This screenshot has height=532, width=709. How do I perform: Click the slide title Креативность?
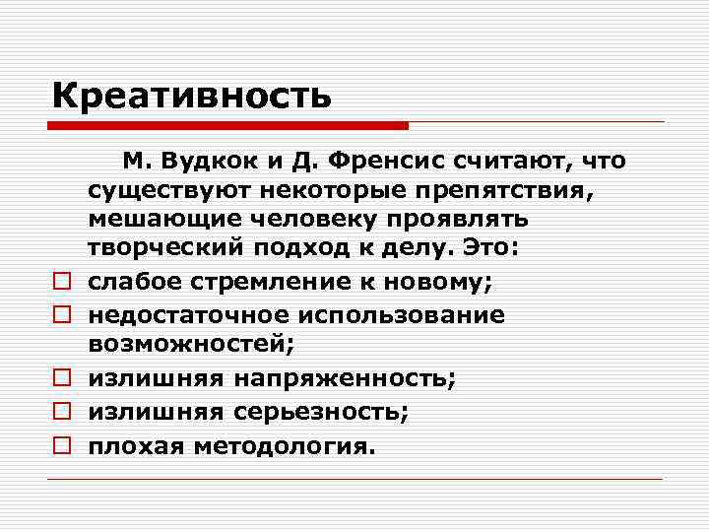point(191,97)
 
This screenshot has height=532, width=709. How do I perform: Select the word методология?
point(285,445)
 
